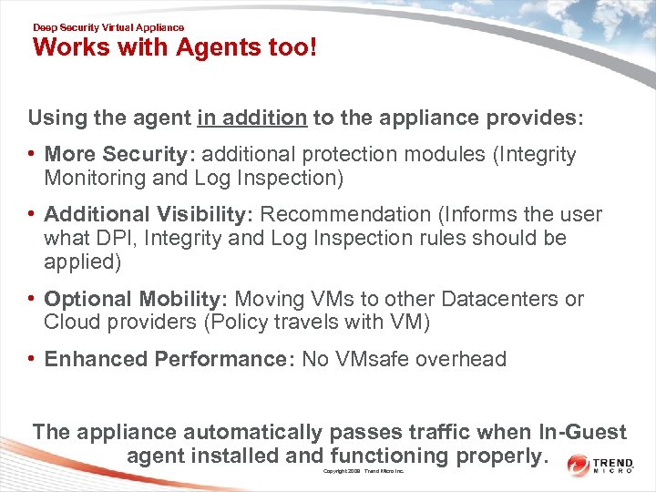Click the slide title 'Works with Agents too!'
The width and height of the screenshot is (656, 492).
(x=175, y=47)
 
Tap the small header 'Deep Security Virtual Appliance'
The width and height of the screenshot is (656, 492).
(x=108, y=28)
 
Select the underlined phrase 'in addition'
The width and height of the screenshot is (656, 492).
(x=251, y=118)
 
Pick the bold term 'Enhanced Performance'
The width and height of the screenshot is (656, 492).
(x=164, y=359)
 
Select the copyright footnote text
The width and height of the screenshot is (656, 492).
(x=364, y=471)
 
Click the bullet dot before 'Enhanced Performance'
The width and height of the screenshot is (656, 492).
(x=32, y=359)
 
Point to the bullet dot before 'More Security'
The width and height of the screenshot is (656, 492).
(x=32, y=155)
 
